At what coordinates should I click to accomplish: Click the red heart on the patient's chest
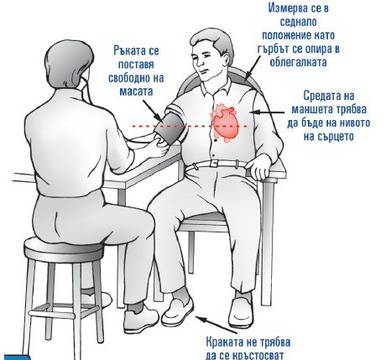[x=225, y=123]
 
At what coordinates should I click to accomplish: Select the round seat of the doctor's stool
[x=64, y=249]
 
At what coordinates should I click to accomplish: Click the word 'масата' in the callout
[x=136, y=91]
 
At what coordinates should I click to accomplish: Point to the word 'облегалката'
[x=298, y=62]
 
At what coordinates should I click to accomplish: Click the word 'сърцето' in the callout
[x=328, y=136]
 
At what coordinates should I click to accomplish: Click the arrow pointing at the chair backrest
[x=254, y=67]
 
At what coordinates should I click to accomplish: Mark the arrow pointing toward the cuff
[x=153, y=110]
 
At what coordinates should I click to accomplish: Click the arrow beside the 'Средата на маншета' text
[x=269, y=113]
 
